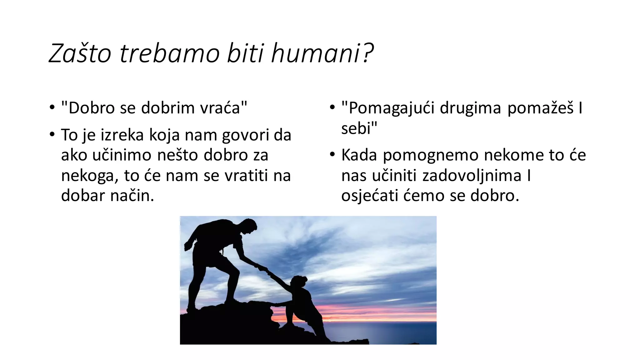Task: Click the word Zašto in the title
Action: pyautogui.click(x=80, y=53)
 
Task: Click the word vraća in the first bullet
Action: pyautogui.click(x=223, y=108)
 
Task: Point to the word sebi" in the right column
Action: pyautogui.click(x=359, y=128)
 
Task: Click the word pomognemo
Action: pyautogui.click(x=431, y=156)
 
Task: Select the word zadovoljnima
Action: pyautogui.click(x=472, y=176)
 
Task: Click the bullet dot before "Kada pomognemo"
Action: pyautogui.click(x=332, y=154)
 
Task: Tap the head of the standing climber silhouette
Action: pyautogui.click(x=249, y=226)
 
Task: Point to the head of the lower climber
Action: pyautogui.click(x=299, y=282)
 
